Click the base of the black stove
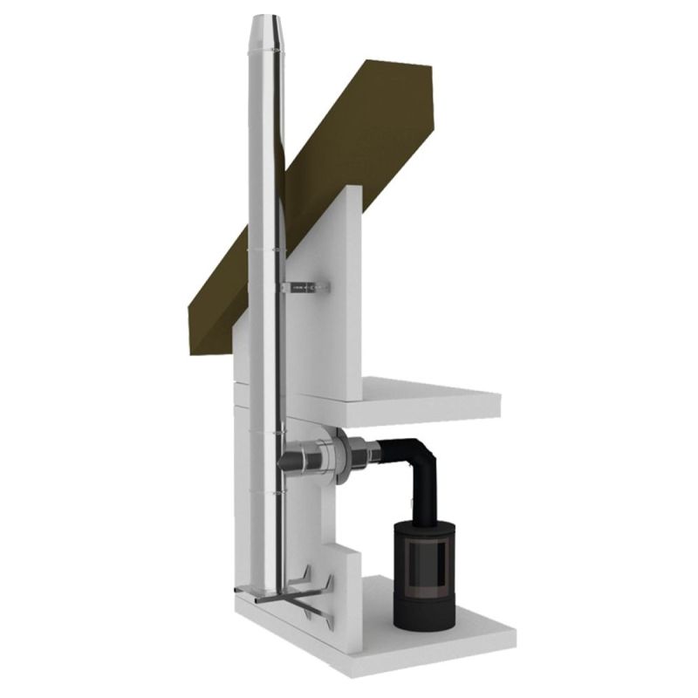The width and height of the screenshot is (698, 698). coord(424,618)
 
